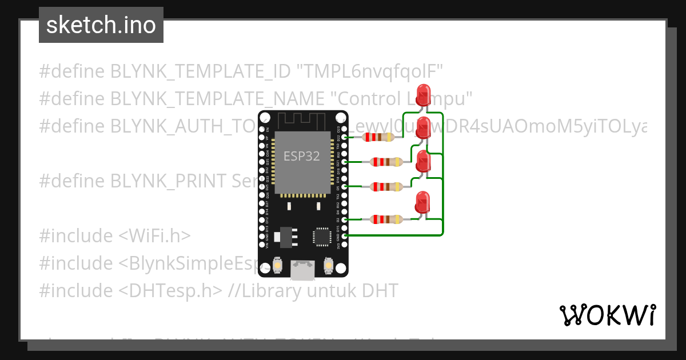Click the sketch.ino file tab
coord(101,25)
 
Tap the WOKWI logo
coord(607,315)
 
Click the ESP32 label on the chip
coord(301,156)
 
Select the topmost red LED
coord(424,94)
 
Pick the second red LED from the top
coord(424,126)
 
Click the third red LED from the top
coord(424,161)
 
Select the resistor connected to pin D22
coord(378,137)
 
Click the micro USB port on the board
coord(302,270)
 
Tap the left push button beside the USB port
coord(277,265)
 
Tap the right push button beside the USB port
coord(329,265)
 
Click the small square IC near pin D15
coord(322,237)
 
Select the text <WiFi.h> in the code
coord(155,235)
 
